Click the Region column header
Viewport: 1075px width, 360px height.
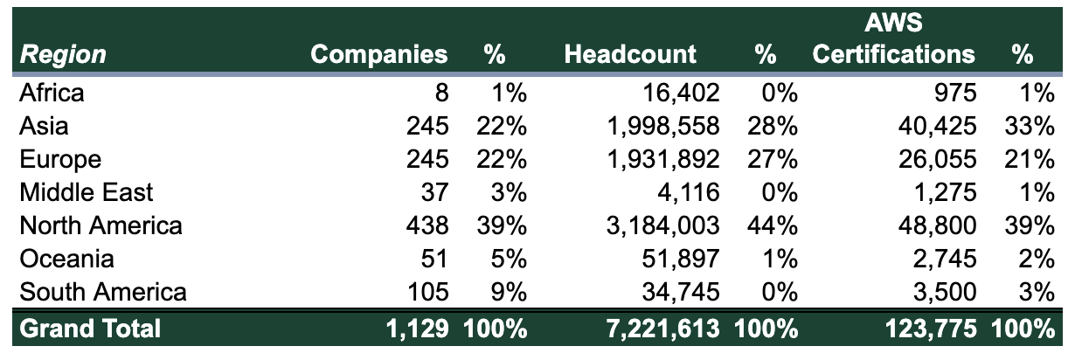pos(62,55)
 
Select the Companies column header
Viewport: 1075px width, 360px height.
pos(379,55)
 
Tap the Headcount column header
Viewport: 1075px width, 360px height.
pos(630,55)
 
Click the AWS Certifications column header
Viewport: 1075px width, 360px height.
pos(893,42)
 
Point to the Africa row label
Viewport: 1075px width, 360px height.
pos(52,93)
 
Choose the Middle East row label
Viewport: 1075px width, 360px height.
pos(87,192)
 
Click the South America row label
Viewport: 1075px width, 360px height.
pos(103,291)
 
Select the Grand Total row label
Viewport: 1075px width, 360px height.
pos(90,329)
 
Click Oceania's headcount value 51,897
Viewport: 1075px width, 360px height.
pos(679,259)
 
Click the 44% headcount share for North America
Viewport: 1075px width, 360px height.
pos(773,225)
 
